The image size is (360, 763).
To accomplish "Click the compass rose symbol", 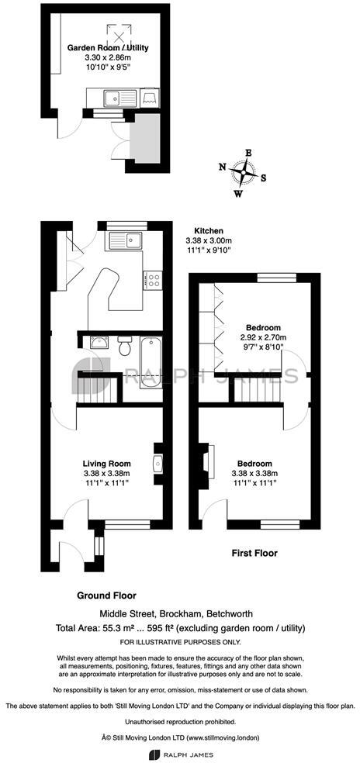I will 242,173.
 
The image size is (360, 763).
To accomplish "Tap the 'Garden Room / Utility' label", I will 108,47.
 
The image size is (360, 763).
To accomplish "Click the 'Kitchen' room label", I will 209,231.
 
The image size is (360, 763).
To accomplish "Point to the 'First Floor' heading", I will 255,554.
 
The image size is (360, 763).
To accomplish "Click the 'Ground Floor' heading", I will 106,596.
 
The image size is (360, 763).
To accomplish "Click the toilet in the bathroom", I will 125,346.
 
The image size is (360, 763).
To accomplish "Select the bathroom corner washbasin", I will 98,343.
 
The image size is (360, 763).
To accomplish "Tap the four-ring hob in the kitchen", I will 152,278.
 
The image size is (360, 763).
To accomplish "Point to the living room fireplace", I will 157,463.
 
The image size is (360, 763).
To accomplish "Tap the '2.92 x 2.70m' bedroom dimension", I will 263,337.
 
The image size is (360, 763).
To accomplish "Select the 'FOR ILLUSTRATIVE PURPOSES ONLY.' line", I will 180,643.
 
